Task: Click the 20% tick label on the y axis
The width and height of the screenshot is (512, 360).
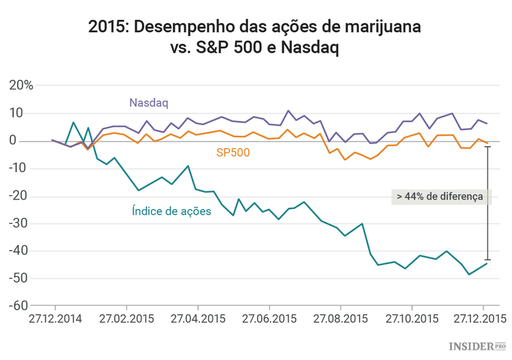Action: pos(20,85)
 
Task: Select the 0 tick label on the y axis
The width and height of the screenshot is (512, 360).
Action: pos(29,141)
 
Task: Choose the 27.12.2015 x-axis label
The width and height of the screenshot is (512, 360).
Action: pos(483,319)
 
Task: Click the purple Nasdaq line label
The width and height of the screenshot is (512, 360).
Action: pos(148,102)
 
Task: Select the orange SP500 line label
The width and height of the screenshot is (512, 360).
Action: pos(233,153)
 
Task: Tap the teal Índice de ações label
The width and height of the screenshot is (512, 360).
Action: pos(171,211)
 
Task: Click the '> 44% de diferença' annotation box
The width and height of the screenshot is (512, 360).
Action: pos(440,196)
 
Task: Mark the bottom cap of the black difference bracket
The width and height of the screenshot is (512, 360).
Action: pos(487,260)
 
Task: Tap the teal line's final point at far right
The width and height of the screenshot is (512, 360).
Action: pos(487,264)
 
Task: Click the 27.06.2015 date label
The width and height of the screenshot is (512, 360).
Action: pos(268,319)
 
